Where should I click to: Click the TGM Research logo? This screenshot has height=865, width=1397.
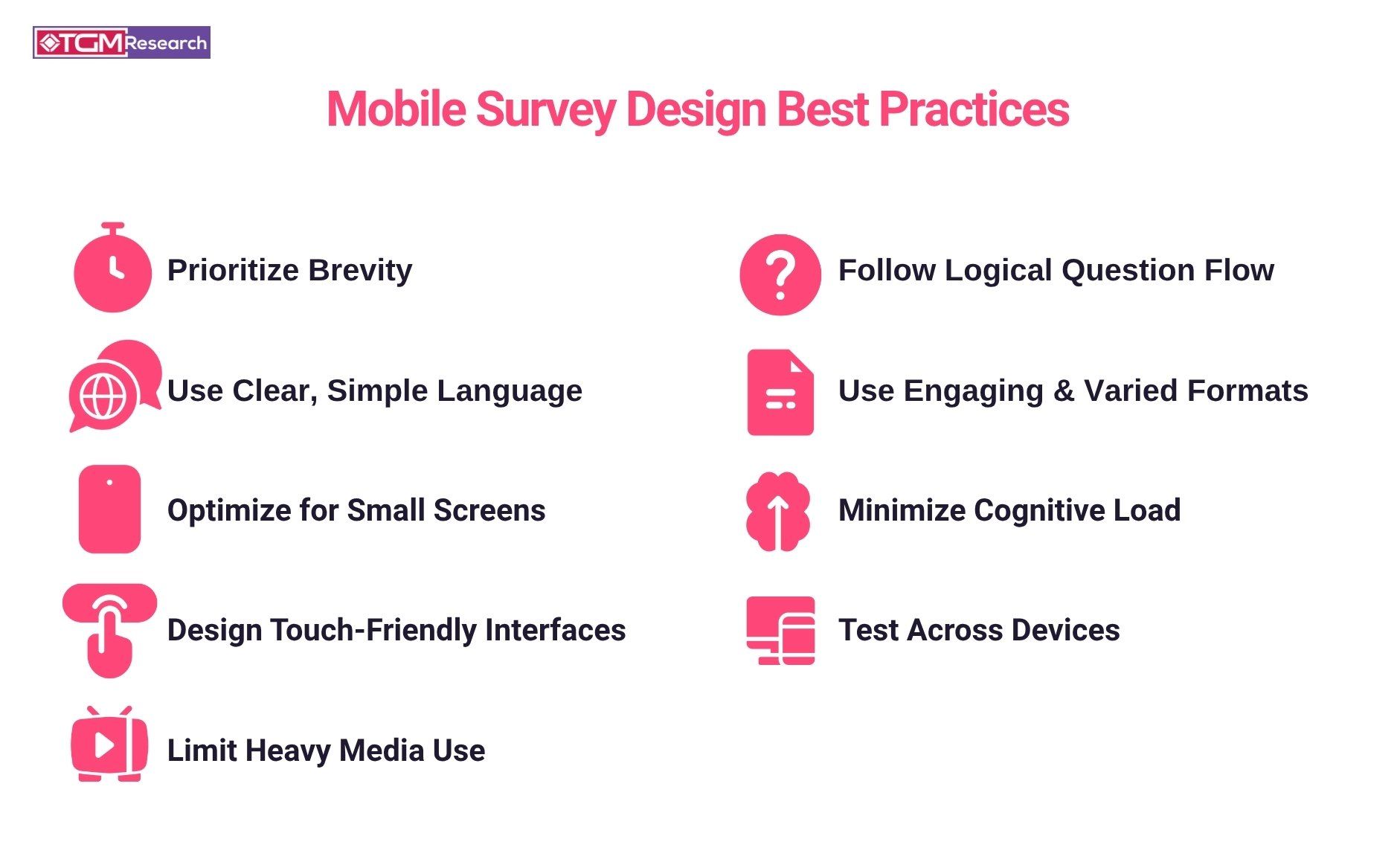tap(121, 42)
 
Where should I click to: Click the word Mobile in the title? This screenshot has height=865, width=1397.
tap(396, 110)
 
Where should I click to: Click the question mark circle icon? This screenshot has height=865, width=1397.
tap(780, 274)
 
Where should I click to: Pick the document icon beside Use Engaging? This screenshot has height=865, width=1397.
tap(780, 392)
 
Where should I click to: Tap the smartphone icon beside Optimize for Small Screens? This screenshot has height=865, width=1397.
tap(109, 509)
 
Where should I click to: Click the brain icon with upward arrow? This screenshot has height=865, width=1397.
tap(778, 512)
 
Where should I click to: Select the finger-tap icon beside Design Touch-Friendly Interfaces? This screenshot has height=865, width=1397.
tap(109, 629)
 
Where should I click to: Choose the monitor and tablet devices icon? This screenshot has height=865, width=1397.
tap(780, 630)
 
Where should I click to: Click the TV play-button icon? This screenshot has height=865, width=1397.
tap(109, 745)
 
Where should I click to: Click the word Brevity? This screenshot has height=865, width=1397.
tap(360, 270)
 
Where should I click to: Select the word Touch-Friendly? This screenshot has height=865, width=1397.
tap(375, 630)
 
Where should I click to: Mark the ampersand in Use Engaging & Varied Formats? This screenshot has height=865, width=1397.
tap(1064, 390)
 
